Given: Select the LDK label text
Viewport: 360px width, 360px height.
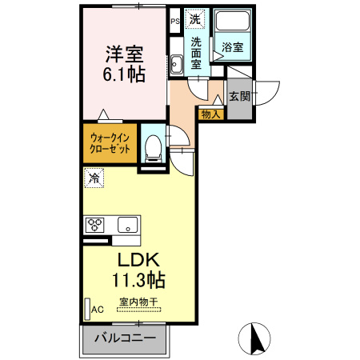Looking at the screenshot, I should pyautogui.click(x=141, y=261).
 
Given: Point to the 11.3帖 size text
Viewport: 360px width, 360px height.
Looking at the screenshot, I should pyautogui.click(x=141, y=282).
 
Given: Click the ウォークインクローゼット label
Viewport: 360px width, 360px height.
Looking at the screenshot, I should pyautogui.click(x=110, y=142).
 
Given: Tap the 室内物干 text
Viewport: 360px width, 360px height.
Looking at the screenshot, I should pyautogui.click(x=139, y=302).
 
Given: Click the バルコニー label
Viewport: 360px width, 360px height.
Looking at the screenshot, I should pyautogui.click(x=123, y=337).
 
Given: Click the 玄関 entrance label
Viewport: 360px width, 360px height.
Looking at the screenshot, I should pyautogui.click(x=239, y=96).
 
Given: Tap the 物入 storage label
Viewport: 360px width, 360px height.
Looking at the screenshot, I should pyautogui.click(x=210, y=115).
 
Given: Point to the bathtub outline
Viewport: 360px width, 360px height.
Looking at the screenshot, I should pyautogui.click(x=233, y=24).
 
